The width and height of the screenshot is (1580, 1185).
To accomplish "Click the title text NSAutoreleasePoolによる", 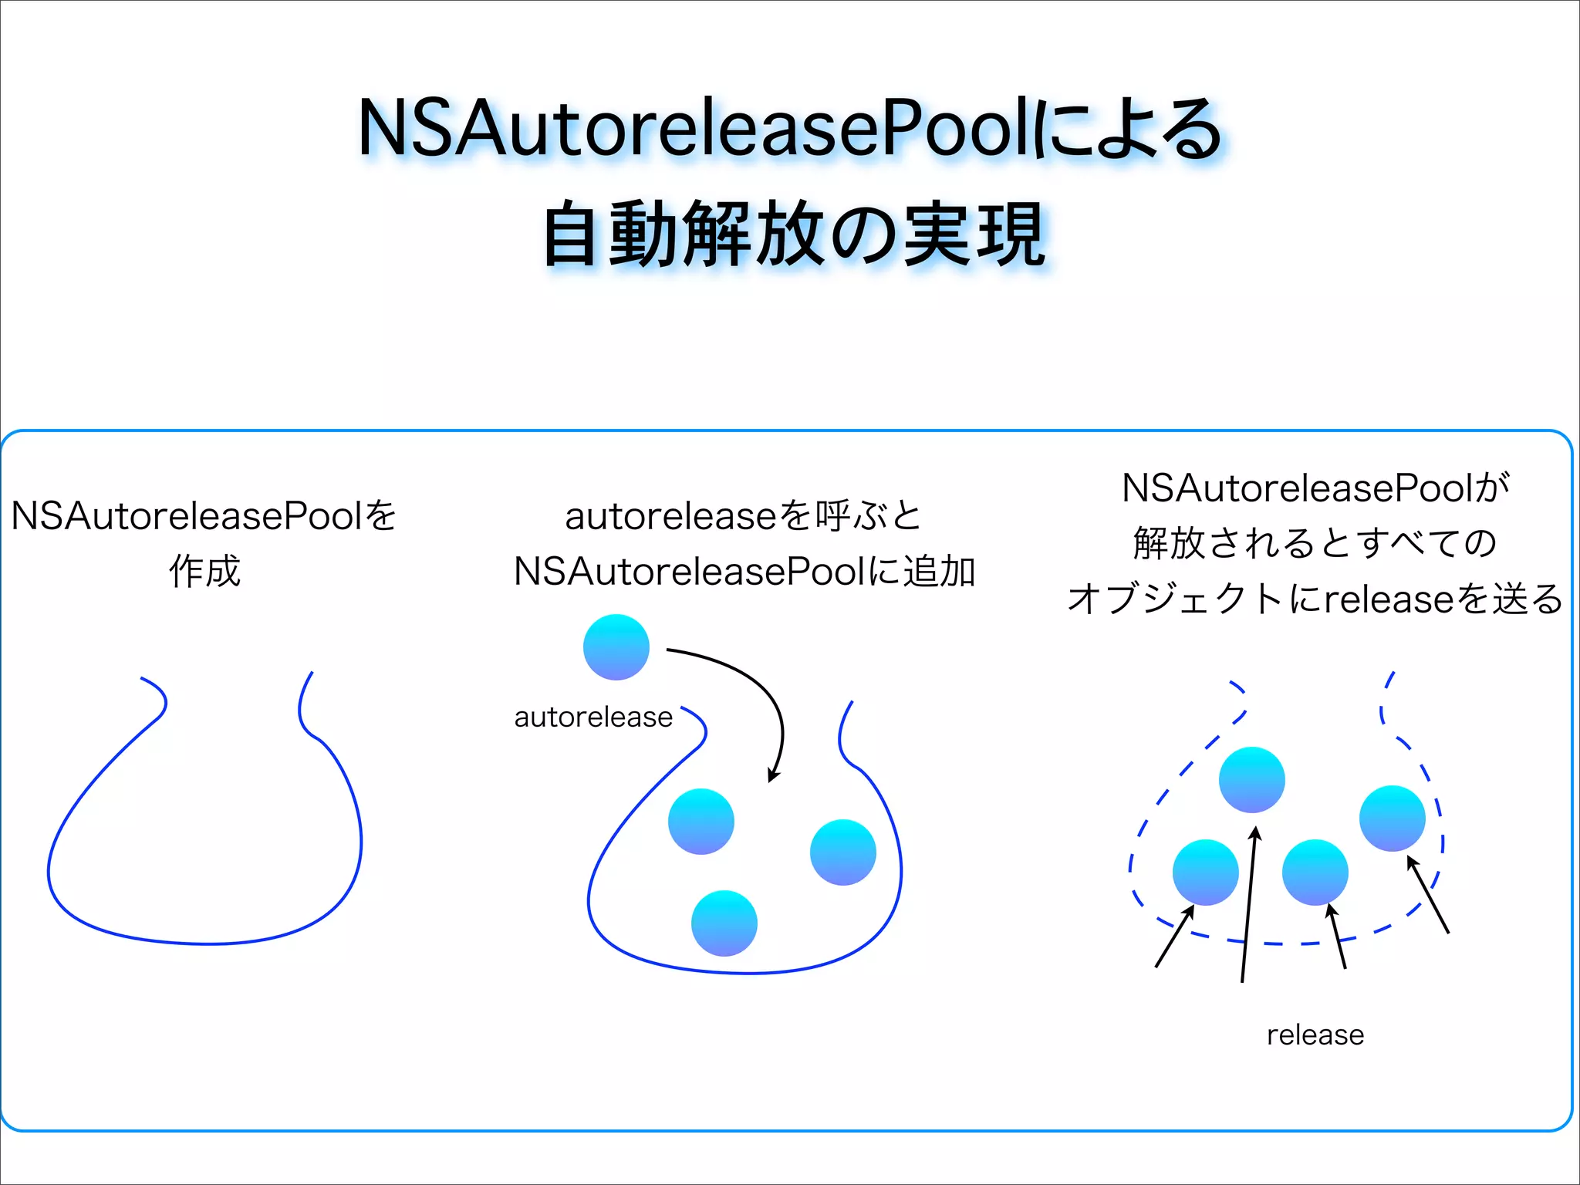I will tap(790, 129).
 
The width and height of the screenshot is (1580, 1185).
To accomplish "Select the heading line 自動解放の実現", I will tap(795, 234).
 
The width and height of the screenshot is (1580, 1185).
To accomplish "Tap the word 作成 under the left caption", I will tap(204, 572).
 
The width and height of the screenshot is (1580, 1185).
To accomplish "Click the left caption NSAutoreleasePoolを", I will tap(204, 515).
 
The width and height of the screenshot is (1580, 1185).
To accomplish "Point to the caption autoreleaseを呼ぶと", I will tap(744, 515).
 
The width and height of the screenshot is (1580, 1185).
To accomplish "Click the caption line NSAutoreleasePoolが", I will tap(1315, 488).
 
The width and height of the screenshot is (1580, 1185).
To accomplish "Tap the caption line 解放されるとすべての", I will tap(1315, 543).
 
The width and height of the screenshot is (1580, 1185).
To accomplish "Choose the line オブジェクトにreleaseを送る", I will tap(1315, 599).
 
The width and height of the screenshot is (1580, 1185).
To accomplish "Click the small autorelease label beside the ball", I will tap(593, 717).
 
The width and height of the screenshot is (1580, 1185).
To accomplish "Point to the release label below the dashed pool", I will tap(1315, 1035).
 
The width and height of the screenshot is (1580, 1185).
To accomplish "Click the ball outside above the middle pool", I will tap(616, 647).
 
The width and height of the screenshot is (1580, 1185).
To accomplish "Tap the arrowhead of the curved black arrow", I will tap(773, 775).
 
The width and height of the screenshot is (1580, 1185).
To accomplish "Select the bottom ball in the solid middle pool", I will tap(724, 923).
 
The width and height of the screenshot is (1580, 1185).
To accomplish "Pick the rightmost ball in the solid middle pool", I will tap(842, 852).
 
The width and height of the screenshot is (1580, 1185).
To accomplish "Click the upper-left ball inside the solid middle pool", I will tap(701, 821).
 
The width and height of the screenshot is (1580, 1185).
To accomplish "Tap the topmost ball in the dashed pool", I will tap(1251, 779).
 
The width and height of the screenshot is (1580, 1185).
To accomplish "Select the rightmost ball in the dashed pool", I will tap(1392, 818).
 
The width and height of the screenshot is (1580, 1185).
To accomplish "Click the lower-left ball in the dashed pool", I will tap(1205, 872).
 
